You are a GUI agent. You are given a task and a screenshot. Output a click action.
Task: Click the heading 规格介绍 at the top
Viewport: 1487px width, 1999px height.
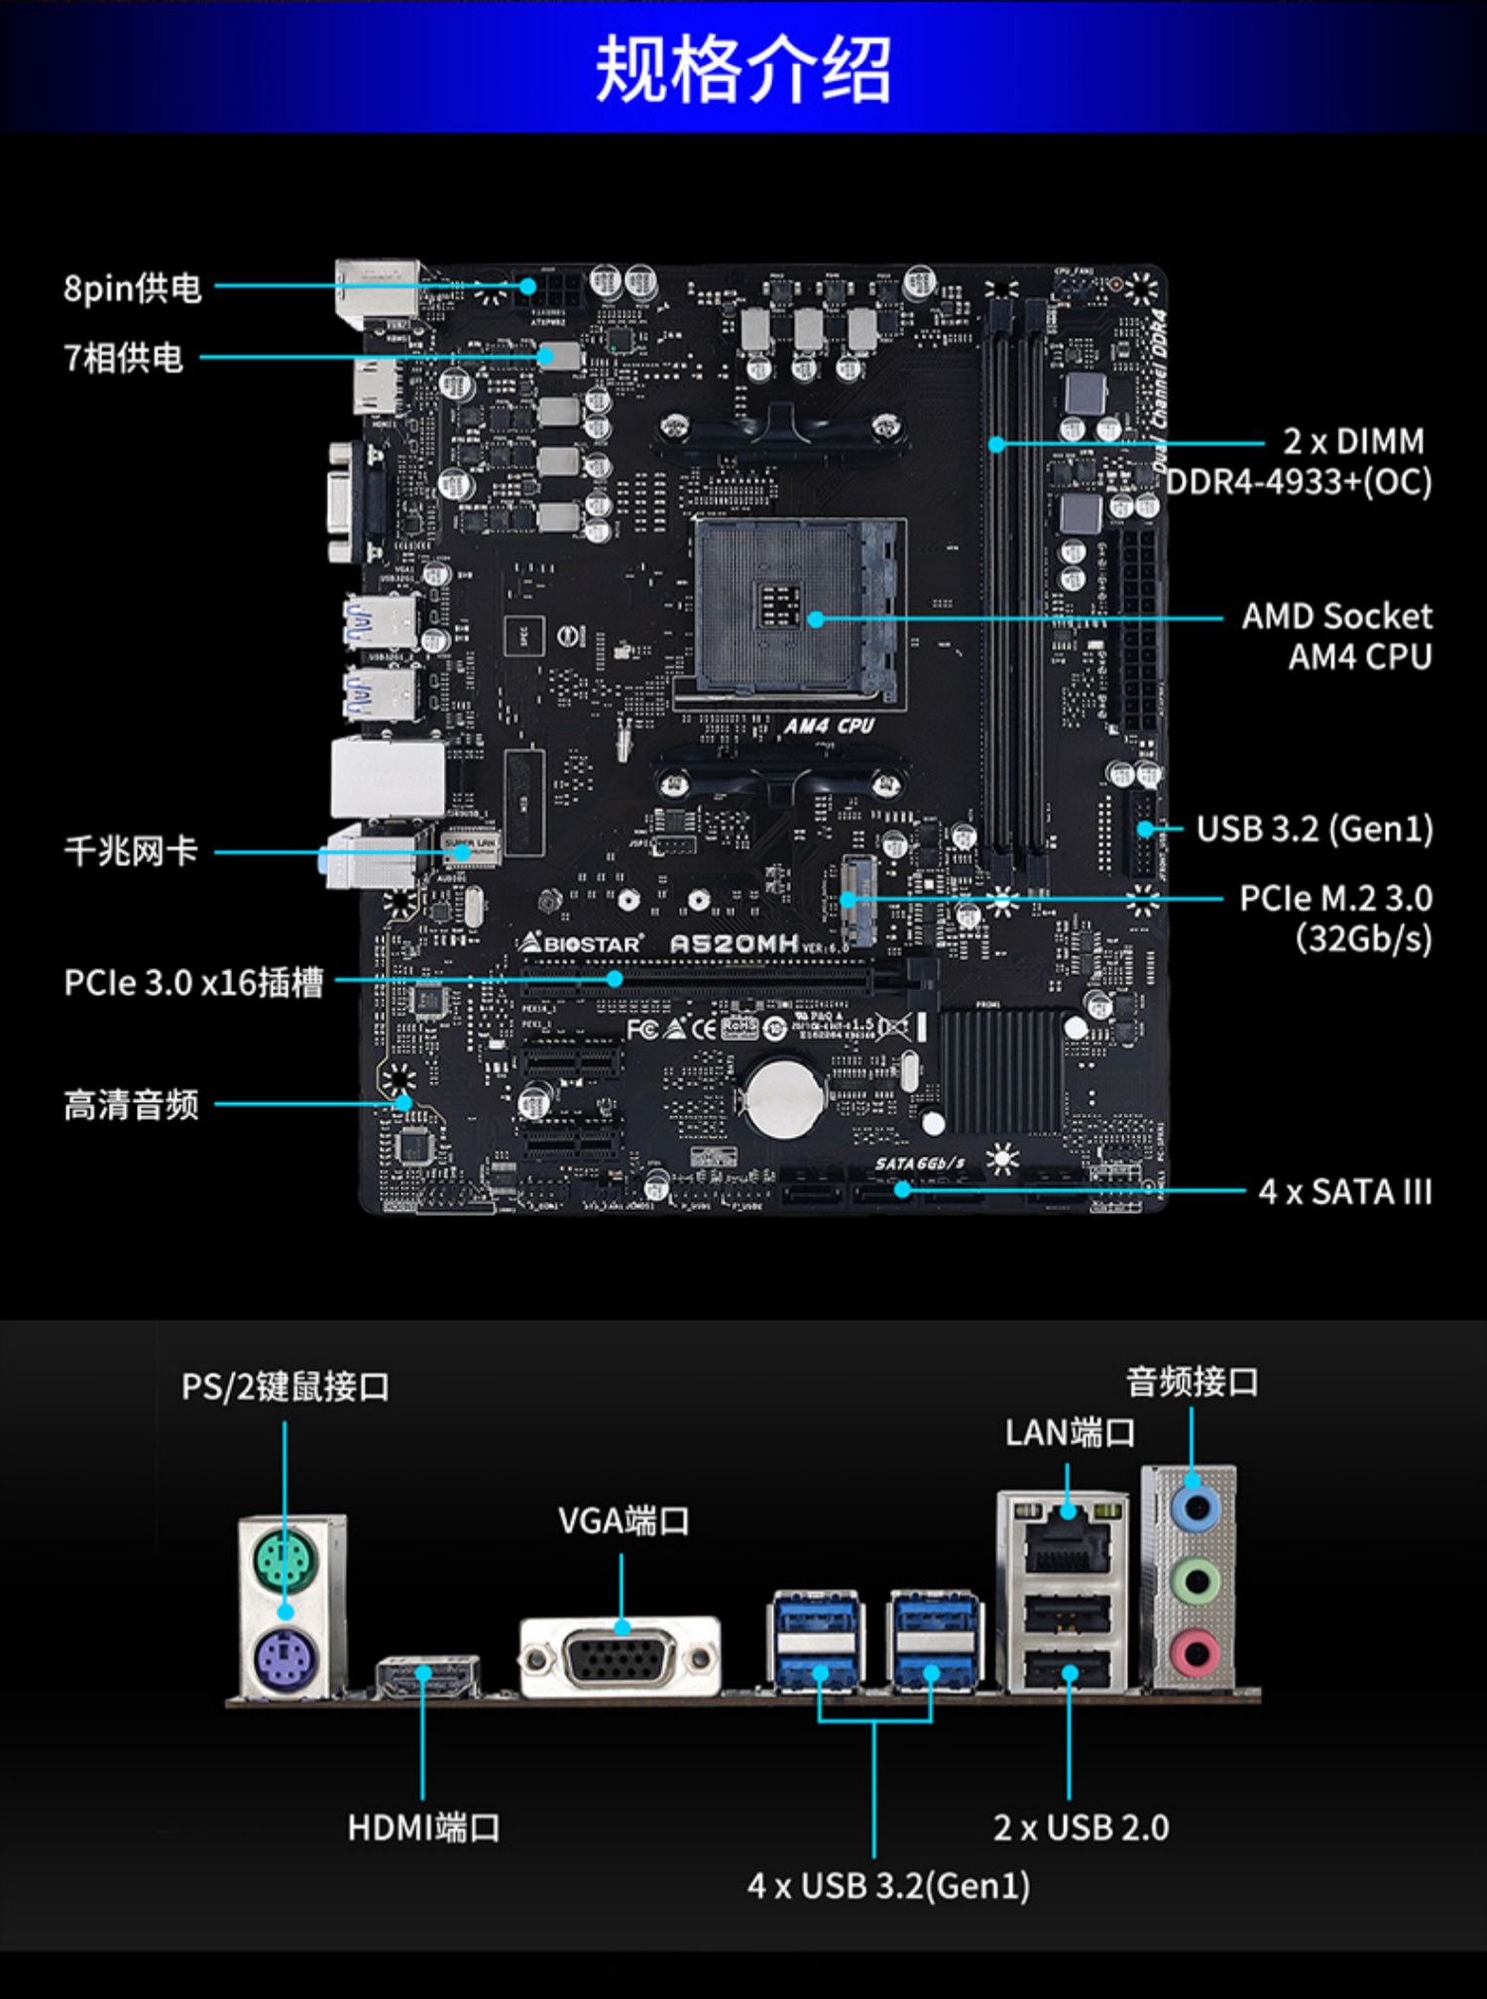pyautogui.click(x=743, y=68)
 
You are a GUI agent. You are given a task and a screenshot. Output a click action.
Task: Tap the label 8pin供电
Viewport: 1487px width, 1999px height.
pyautogui.click(x=133, y=288)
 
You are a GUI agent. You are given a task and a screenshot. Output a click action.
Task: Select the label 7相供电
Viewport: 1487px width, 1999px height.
pyautogui.click(x=124, y=358)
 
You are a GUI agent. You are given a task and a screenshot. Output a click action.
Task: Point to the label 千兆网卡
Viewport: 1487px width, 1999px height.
pyautogui.click(x=131, y=851)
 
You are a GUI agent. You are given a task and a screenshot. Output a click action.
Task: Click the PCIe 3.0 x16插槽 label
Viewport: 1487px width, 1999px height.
pyautogui.click(x=193, y=982)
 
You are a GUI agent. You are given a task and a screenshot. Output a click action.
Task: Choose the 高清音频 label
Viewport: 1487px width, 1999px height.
pyautogui.click(x=131, y=1105)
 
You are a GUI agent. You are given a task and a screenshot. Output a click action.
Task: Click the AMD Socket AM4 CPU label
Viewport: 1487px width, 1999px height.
pyautogui.click(x=1337, y=636)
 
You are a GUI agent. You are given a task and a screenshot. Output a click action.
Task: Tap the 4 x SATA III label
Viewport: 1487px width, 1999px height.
pyautogui.click(x=1345, y=1191)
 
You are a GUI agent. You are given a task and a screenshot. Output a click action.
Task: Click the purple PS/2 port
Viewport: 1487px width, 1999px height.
pyautogui.click(x=283, y=1660)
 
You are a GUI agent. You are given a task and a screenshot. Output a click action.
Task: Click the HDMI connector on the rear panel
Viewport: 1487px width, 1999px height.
pyautogui.click(x=427, y=1675)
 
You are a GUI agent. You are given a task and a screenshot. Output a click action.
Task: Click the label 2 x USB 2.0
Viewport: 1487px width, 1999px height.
pyautogui.click(x=1081, y=1828)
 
